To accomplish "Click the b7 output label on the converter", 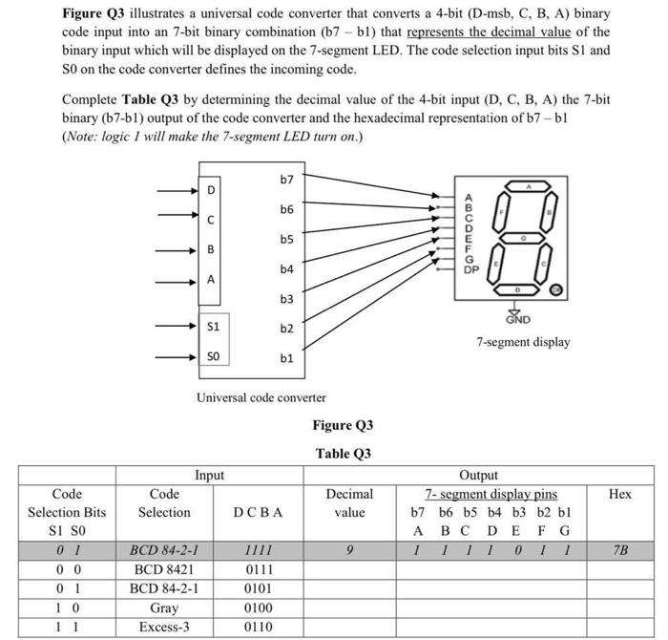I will pos(287,180).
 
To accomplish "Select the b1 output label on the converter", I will pos(287,358).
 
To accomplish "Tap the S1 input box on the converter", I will pos(214,326).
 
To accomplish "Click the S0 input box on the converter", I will pos(214,355).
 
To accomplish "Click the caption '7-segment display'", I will pos(524,341).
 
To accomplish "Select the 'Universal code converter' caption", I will pos(261,396).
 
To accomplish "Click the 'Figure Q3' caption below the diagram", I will pos(343,424).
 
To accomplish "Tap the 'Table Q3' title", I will pos(343,453).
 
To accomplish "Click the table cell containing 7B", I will pos(620,551).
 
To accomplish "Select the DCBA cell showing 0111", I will pos(258,570).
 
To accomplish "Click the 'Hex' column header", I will pos(620,494).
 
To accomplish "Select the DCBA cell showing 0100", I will pos(258,608).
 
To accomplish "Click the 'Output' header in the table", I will pos(478,475).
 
